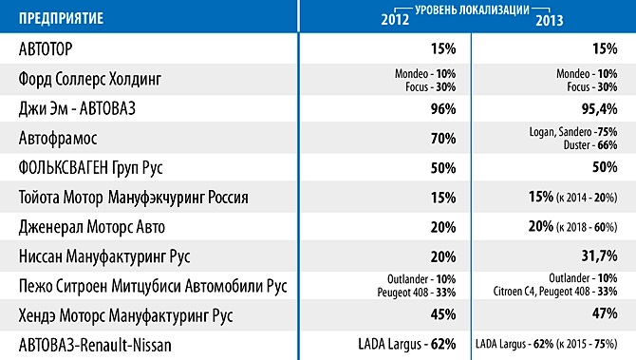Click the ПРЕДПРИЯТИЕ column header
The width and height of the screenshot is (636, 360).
tap(61, 18)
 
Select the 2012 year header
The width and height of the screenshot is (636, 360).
tap(395, 20)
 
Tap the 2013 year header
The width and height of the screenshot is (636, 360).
tap(550, 20)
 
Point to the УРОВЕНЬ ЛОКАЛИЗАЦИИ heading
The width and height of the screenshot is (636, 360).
tap(472, 9)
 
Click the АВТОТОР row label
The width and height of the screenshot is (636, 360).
tap(46, 49)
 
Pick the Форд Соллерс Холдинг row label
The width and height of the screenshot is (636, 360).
tap(89, 79)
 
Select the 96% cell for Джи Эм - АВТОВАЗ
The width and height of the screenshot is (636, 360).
tap(443, 109)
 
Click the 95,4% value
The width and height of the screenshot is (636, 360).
tap(599, 109)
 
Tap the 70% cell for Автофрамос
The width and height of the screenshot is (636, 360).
tap(443, 139)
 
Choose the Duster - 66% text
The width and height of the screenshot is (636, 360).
tap(590, 145)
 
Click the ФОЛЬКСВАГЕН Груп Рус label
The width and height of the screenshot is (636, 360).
tap(90, 168)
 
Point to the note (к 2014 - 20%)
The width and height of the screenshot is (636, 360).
tap(587, 198)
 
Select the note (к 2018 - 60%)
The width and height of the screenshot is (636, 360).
tap(587, 227)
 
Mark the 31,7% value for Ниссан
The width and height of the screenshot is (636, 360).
tap(599, 256)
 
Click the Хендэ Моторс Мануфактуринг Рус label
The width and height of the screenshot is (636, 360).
tap(125, 315)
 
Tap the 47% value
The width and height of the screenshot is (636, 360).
tap(605, 313)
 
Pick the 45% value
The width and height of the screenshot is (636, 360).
tap(443, 314)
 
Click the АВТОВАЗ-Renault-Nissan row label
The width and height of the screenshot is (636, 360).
tap(95, 346)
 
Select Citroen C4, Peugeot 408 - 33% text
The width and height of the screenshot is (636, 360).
tap(555, 292)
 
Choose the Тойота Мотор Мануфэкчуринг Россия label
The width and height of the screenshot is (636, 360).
tap(134, 198)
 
